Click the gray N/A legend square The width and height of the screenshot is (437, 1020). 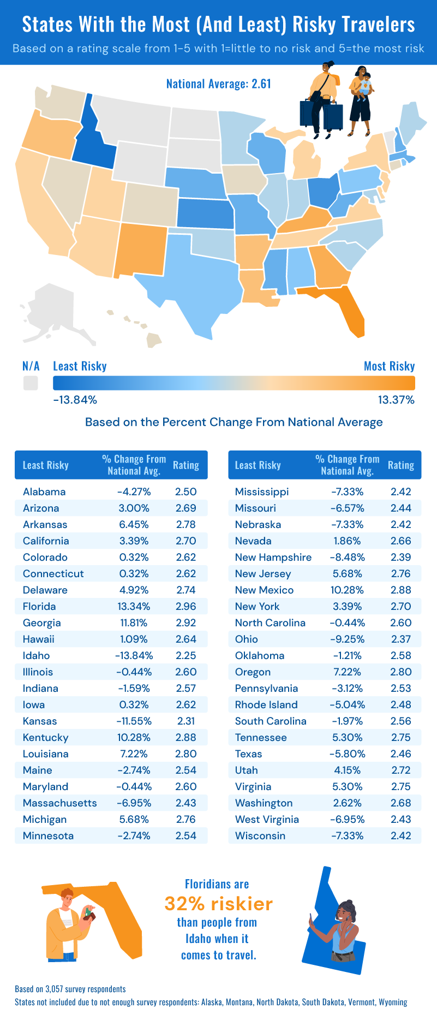(x=31, y=383)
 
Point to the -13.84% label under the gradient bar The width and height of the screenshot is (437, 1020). (x=75, y=400)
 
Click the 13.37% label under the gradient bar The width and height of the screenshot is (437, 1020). (x=396, y=400)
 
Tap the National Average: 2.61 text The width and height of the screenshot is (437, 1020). (x=218, y=84)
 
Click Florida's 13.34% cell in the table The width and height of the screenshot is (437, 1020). (x=134, y=607)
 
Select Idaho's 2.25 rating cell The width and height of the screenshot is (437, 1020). (x=185, y=656)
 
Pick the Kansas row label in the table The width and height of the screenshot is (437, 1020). (x=40, y=721)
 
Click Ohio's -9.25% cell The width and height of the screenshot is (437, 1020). (x=347, y=639)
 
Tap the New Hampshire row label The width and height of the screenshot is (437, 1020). (x=273, y=558)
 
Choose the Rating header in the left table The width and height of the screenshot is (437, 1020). (x=185, y=466)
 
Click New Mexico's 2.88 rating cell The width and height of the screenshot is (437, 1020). (x=400, y=590)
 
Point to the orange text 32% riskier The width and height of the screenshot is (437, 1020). (x=218, y=904)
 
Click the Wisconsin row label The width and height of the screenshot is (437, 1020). (x=260, y=836)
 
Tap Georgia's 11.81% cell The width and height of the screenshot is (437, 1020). (x=134, y=623)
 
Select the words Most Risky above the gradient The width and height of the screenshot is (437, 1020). (x=389, y=366)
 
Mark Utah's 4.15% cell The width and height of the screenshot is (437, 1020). (x=347, y=770)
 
